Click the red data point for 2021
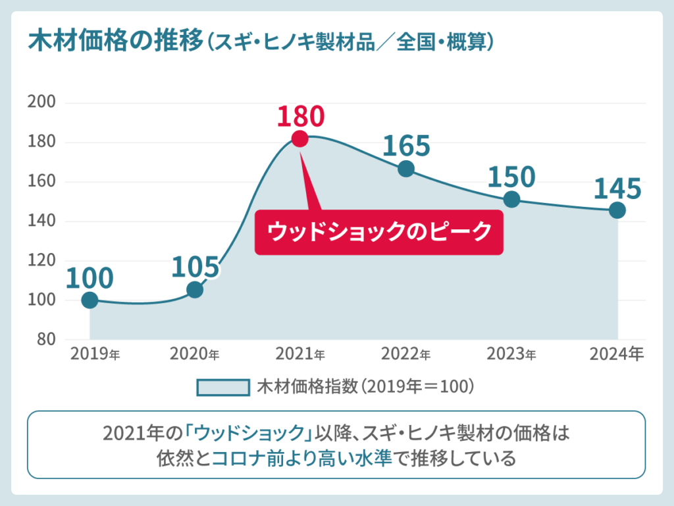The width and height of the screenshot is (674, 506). tap(299, 139)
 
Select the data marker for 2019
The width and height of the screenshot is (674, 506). tap(90, 300)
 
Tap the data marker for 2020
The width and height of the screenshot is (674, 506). tap(195, 290)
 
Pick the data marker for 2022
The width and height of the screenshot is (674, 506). tap(406, 169)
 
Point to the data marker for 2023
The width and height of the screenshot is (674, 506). tap(511, 199)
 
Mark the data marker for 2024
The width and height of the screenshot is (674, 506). tap(617, 210)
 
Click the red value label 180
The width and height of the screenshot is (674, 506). tap(300, 116)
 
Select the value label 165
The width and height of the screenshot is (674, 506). tap(406, 146)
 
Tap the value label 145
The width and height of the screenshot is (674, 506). tap(617, 189)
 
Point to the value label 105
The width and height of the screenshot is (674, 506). tap(195, 267)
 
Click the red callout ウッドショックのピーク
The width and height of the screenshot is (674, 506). tap(378, 232)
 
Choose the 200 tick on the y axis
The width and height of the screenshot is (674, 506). tap(41, 103)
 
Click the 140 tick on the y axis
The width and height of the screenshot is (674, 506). tap(41, 221)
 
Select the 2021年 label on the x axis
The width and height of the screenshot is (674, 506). tap(300, 354)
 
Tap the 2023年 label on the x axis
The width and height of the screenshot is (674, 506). tap(511, 354)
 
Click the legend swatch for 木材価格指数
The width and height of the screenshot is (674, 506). tap(222, 387)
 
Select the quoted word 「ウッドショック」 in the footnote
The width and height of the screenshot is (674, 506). tap(247, 434)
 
